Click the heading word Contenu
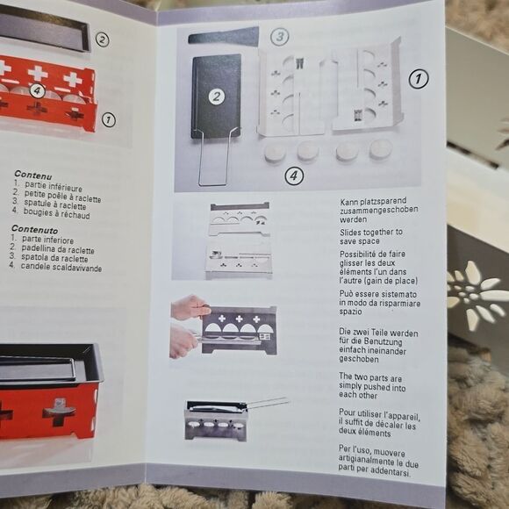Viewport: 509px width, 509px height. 33,176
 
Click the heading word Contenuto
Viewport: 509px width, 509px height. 35,230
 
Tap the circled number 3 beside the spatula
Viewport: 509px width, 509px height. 279,37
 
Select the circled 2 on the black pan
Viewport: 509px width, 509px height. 217,97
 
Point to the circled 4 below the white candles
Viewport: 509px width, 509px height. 294,176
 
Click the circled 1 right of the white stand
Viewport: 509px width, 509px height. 419,79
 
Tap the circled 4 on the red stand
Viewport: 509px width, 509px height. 38,91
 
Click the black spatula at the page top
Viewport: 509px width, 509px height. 224,37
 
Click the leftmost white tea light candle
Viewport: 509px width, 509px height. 276,153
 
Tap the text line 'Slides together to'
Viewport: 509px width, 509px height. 371,232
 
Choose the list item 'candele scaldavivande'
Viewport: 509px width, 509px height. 61,267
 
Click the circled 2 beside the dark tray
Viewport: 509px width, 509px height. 103,39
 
